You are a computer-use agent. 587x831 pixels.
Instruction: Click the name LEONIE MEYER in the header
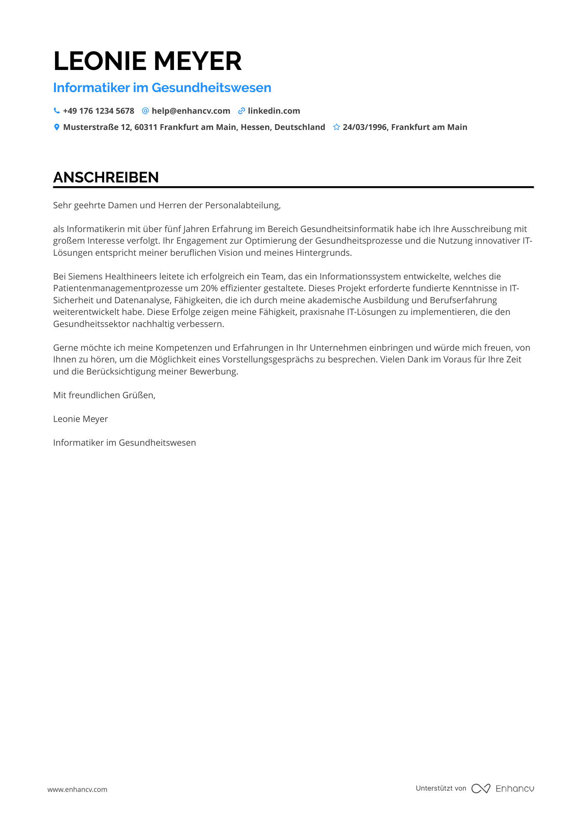coord(147,61)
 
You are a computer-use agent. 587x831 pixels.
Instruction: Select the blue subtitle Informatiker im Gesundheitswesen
coord(162,88)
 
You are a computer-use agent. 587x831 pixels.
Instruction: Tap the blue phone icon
coord(57,111)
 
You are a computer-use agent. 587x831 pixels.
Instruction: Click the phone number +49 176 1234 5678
coord(99,111)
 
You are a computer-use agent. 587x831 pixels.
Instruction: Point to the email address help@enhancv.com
coord(191,111)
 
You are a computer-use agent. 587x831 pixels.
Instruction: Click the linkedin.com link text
coord(274,111)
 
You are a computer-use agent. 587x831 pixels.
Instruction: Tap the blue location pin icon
coord(57,127)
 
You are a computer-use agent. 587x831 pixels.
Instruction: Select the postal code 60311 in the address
coord(146,127)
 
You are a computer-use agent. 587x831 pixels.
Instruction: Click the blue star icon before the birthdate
coord(336,127)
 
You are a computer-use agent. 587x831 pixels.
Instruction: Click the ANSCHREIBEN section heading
coord(106,177)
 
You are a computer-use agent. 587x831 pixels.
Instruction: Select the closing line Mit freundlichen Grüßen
coord(104,395)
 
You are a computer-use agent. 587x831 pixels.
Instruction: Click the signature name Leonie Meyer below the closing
coord(80,419)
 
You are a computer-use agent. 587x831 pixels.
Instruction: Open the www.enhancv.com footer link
coord(77,789)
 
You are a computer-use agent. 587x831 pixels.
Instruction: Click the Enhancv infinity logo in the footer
coord(480,789)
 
